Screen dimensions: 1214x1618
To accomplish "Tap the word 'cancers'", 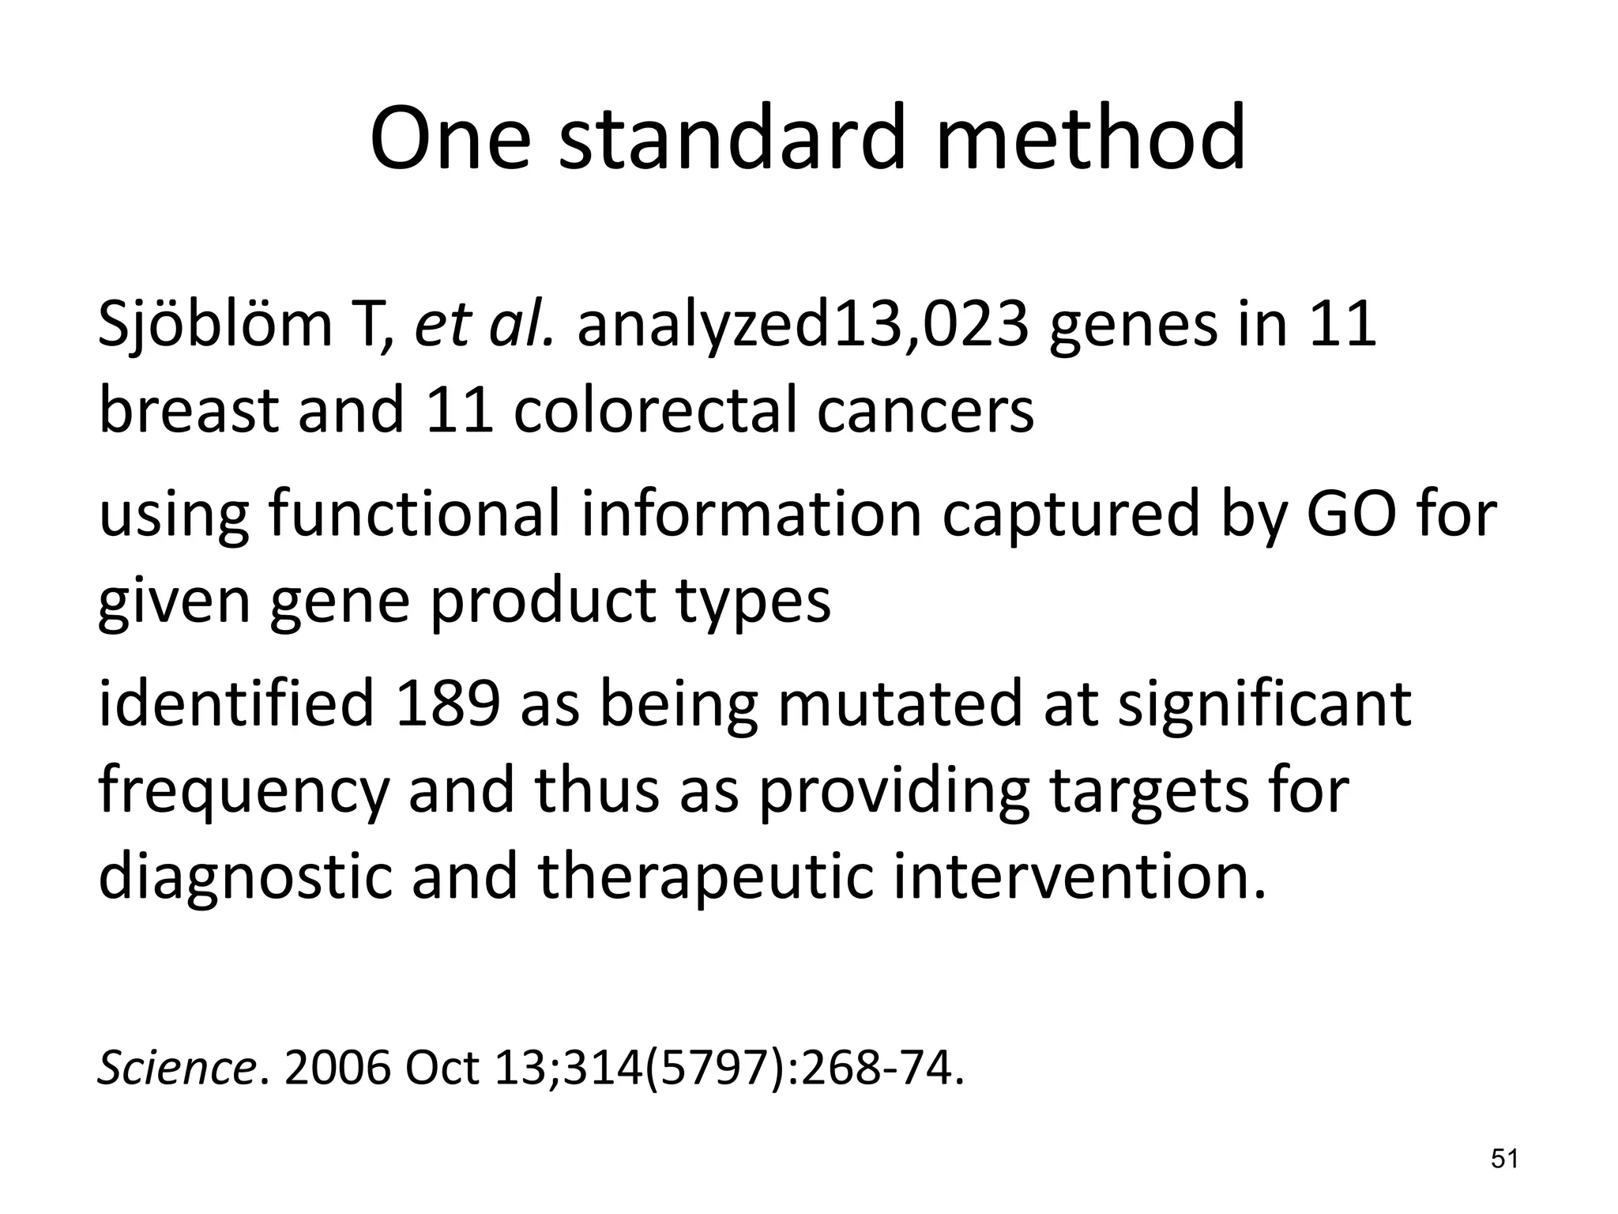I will point(925,413).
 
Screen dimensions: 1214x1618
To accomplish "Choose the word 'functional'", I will point(415,514).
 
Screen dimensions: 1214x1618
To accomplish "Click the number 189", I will point(448,703).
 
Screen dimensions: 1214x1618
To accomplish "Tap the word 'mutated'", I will point(901,703).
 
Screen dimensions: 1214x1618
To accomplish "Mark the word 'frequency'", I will point(243,792).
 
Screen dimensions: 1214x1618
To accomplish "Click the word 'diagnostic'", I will point(245,879).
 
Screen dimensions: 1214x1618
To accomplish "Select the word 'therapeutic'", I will point(706,879).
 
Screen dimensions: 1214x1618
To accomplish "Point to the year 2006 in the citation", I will point(337,1069).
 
